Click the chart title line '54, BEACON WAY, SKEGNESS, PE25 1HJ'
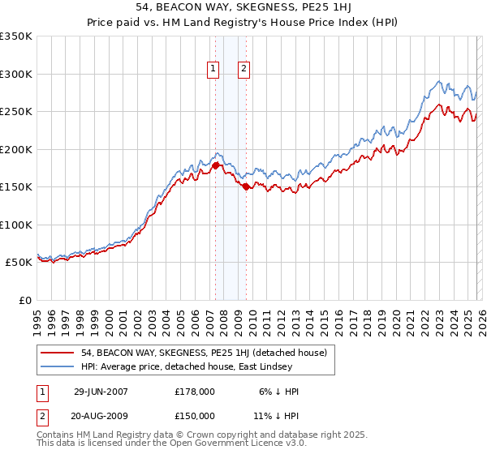(243, 7)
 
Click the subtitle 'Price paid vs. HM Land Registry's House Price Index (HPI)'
(243, 22)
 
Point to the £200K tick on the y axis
(16, 149)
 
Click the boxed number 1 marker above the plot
(213, 70)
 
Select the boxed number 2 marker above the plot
(243, 70)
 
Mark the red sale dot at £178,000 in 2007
(215, 165)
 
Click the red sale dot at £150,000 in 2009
(246, 186)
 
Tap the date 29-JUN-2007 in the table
(101, 391)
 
